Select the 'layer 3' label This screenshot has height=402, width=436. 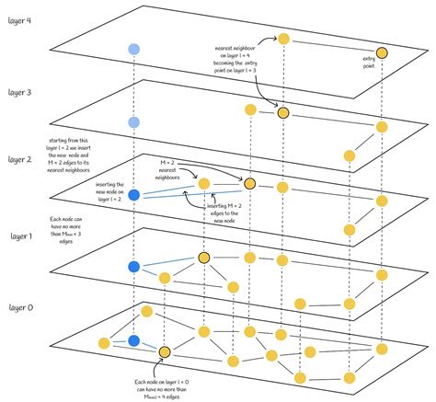click(x=20, y=92)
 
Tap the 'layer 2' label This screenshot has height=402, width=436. click(x=20, y=159)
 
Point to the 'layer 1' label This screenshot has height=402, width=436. click(x=20, y=237)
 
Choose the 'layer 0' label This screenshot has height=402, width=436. click(x=20, y=305)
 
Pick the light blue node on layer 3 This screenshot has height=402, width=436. click(x=134, y=121)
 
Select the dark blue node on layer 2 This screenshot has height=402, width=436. click(x=134, y=195)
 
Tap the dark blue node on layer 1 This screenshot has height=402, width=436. click(x=134, y=267)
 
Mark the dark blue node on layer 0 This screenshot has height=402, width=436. click(x=134, y=341)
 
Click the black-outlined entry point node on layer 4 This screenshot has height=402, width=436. click(x=381, y=54)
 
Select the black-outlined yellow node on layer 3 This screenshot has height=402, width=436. click(x=283, y=112)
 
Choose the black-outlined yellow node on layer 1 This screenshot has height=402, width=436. click(x=204, y=258)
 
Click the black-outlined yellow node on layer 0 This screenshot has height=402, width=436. click(x=165, y=351)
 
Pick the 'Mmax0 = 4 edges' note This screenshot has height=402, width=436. click(x=165, y=385)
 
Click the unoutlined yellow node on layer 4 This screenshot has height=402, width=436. click(x=284, y=39)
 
